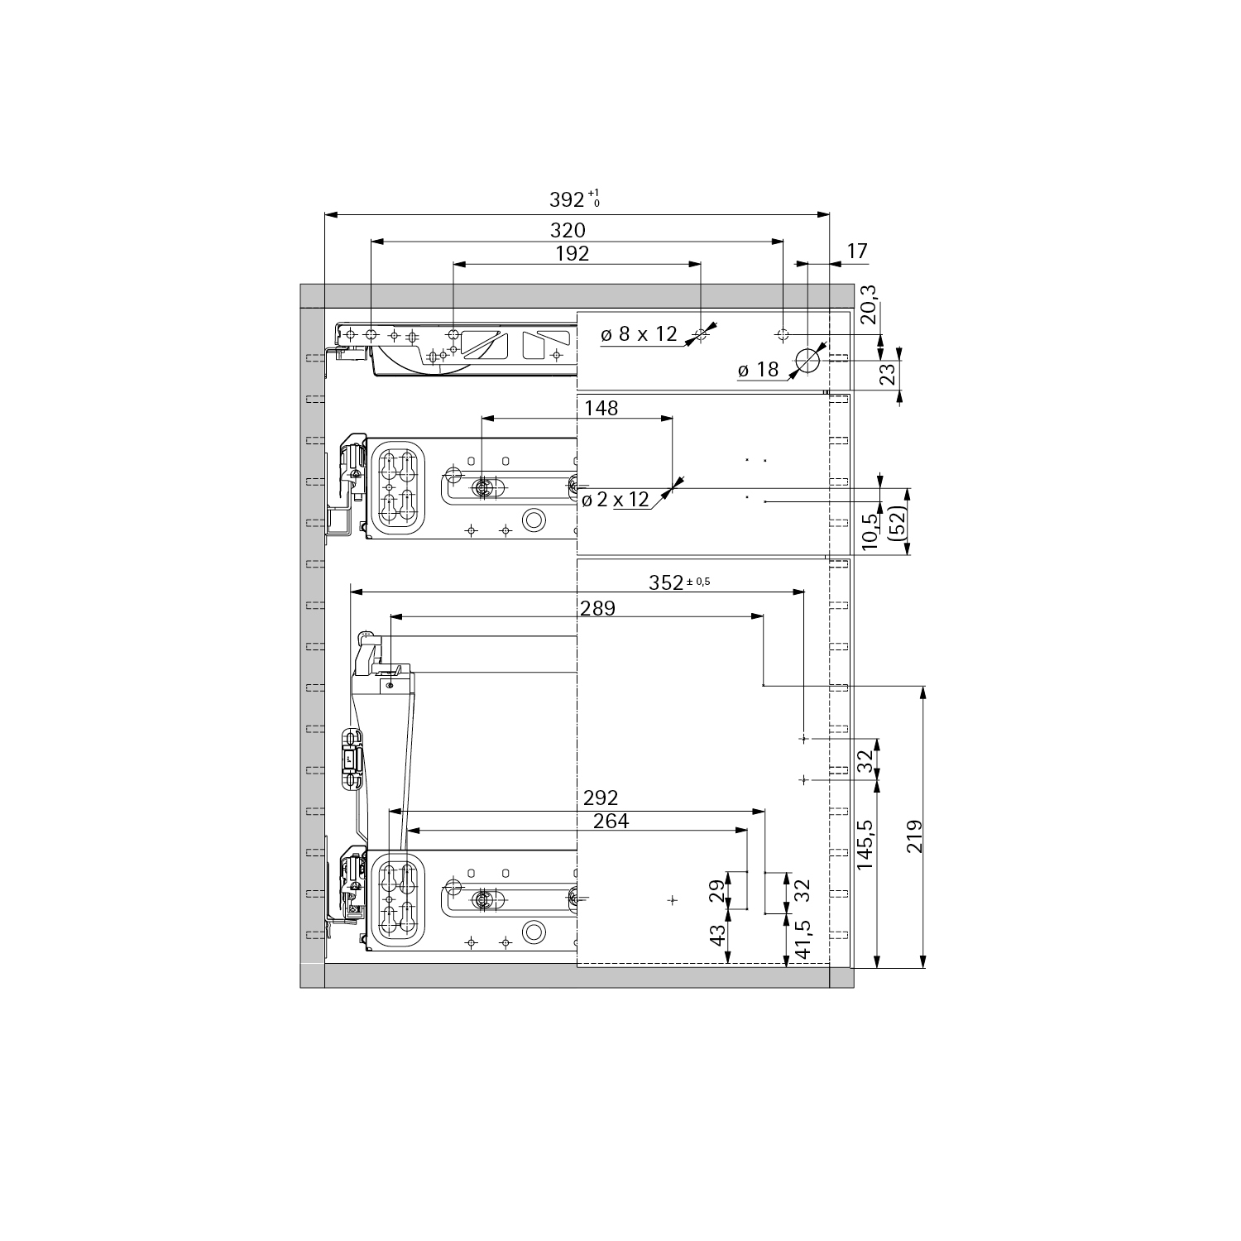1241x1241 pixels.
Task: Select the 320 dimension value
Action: pos(568,230)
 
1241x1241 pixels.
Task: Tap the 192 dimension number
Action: pos(572,254)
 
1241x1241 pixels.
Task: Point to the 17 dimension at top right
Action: pos(857,251)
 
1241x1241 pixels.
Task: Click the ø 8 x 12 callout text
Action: pos(639,334)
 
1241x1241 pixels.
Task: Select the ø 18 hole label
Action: pos(758,370)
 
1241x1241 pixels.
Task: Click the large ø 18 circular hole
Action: pos(807,360)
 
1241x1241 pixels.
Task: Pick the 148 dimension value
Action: pos(601,408)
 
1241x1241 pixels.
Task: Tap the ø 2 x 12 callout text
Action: pos(616,500)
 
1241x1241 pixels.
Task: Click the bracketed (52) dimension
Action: pos(895,523)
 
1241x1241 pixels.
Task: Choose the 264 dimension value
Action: pos(611,822)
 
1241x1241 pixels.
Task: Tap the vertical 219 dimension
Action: pos(913,836)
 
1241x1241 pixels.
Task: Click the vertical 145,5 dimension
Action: pos(865,844)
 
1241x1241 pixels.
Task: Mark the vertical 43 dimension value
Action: pos(718,935)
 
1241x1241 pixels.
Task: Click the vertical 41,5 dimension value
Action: pos(802,940)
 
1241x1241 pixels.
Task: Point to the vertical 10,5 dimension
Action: pos(869,531)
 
